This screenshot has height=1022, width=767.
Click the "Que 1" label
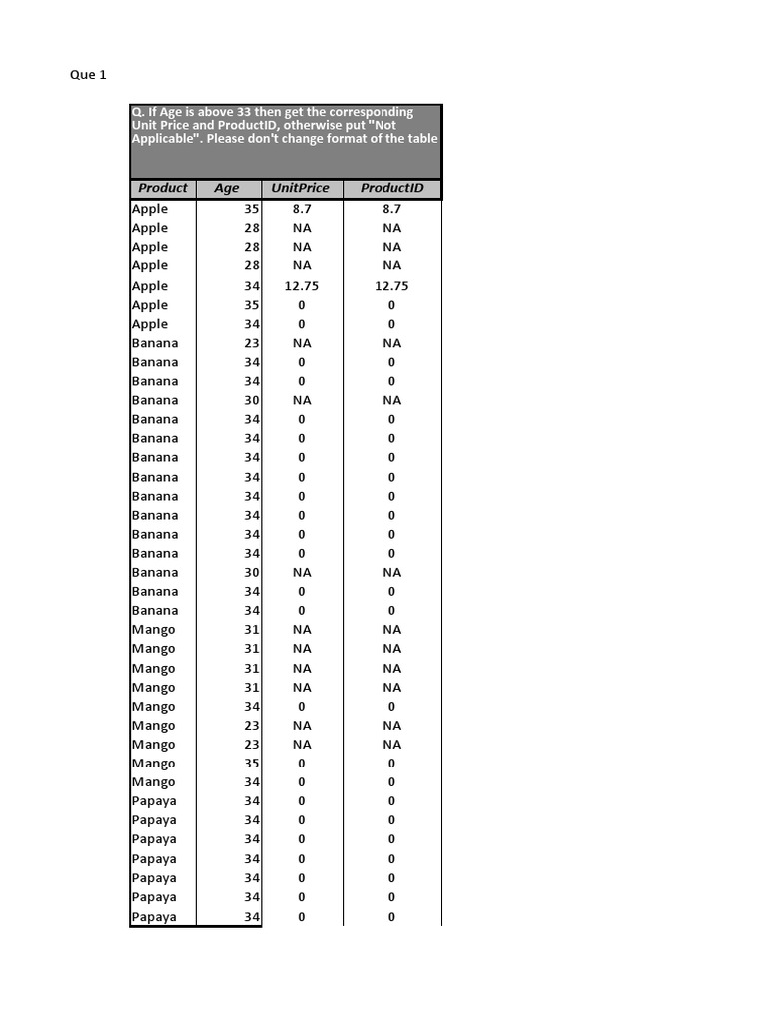click(88, 75)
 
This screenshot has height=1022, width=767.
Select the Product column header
click(162, 188)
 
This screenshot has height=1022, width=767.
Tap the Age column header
click(227, 188)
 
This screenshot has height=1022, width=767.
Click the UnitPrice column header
click(301, 188)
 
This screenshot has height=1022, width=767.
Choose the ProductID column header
click(391, 188)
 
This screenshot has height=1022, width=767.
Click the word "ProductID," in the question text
click(246, 126)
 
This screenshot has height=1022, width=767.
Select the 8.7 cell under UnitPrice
click(302, 209)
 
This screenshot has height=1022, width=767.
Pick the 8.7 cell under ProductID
click(391, 209)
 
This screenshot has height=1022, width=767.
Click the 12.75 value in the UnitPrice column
click(302, 286)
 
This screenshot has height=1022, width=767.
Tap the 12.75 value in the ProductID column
click(391, 286)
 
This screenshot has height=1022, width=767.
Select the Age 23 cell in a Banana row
click(251, 343)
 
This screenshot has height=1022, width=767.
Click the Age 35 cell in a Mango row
click(251, 764)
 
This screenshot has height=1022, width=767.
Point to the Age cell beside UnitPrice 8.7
click(251, 209)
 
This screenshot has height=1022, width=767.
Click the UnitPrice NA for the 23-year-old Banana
click(302, 343)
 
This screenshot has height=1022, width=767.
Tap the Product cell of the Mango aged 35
click(153, 764)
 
